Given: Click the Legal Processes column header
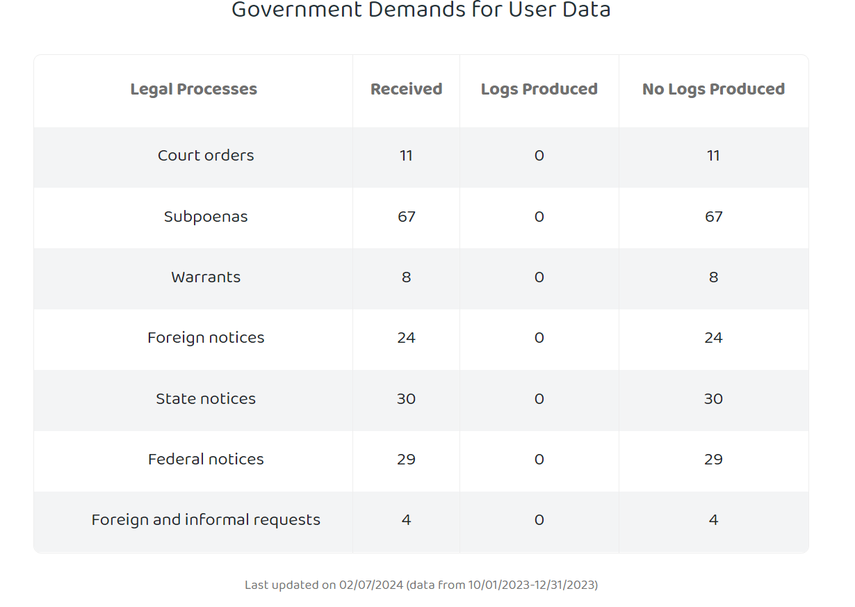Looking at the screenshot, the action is click(x=194, y=89).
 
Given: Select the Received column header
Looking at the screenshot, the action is click(x=407, y=89).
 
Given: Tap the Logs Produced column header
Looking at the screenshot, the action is click(x=539, y=89).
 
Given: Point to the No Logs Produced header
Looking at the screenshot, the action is click(x=714, y=89).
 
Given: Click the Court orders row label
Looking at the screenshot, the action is click(x=206, y=155).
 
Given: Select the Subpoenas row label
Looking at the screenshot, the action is click(x=206, y=217).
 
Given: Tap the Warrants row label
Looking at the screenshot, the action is click(x=206, y=277).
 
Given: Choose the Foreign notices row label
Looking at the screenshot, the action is click(x=206, y=338).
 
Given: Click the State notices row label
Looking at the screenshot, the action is click(x=206, y=399).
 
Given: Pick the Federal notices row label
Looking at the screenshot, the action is click(x=206, y=460).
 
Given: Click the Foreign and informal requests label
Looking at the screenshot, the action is click(x=206, y=520).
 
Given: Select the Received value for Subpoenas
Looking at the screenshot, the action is click(x=407, y=217).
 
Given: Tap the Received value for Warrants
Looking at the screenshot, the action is click(x=407, y=277).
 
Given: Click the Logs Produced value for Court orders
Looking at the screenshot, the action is click(x=539, y=156).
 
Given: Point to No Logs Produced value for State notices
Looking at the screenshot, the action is click(x=714, y=399).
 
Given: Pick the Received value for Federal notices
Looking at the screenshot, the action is click(x=407, y=460).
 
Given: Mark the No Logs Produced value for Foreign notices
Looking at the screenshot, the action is click(x=714, y=338).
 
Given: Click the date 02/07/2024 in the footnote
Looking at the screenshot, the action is click(x=371, y=585).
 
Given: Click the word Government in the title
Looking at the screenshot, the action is click(x=297, y=10).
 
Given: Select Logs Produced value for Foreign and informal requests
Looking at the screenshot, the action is click(x=539, y=520).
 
